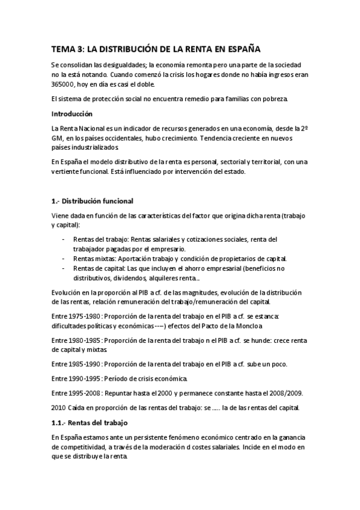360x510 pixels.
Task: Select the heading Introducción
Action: point(72,113)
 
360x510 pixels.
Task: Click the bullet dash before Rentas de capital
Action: point(64,268)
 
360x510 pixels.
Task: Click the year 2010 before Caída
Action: point(59,408)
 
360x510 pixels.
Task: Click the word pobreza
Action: point(275,99)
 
